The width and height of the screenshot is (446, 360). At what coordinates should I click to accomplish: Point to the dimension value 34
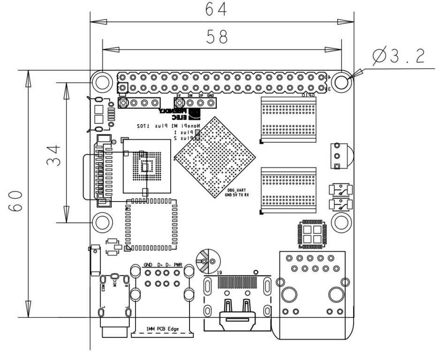[x=54, y=155]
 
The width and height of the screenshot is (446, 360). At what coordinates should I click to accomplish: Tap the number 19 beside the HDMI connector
[x=219, y=272]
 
